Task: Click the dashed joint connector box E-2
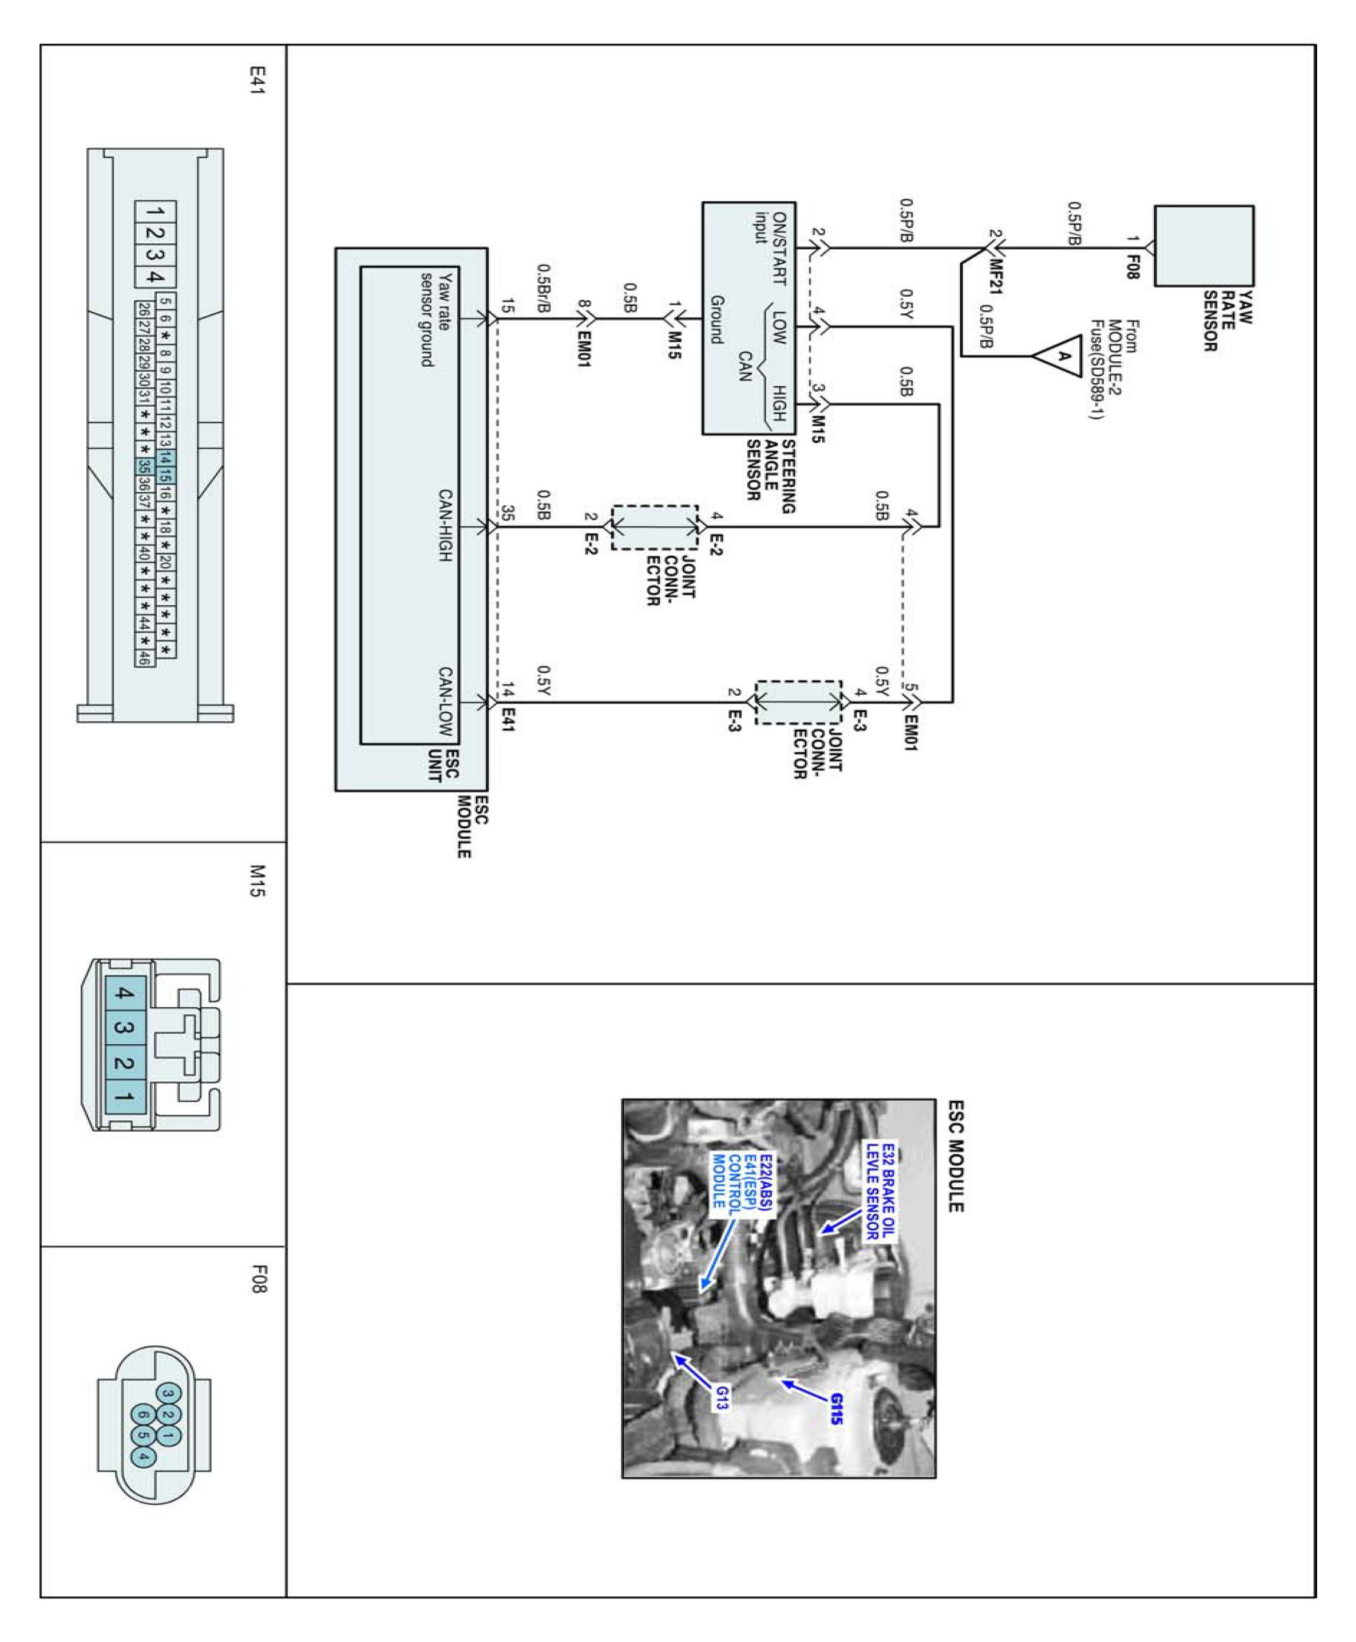point(654,527)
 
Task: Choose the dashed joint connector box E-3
point(798,701)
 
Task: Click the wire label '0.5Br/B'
point(544,288)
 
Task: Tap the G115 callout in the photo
point(837,1409)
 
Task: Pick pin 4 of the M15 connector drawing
point(124,994)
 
